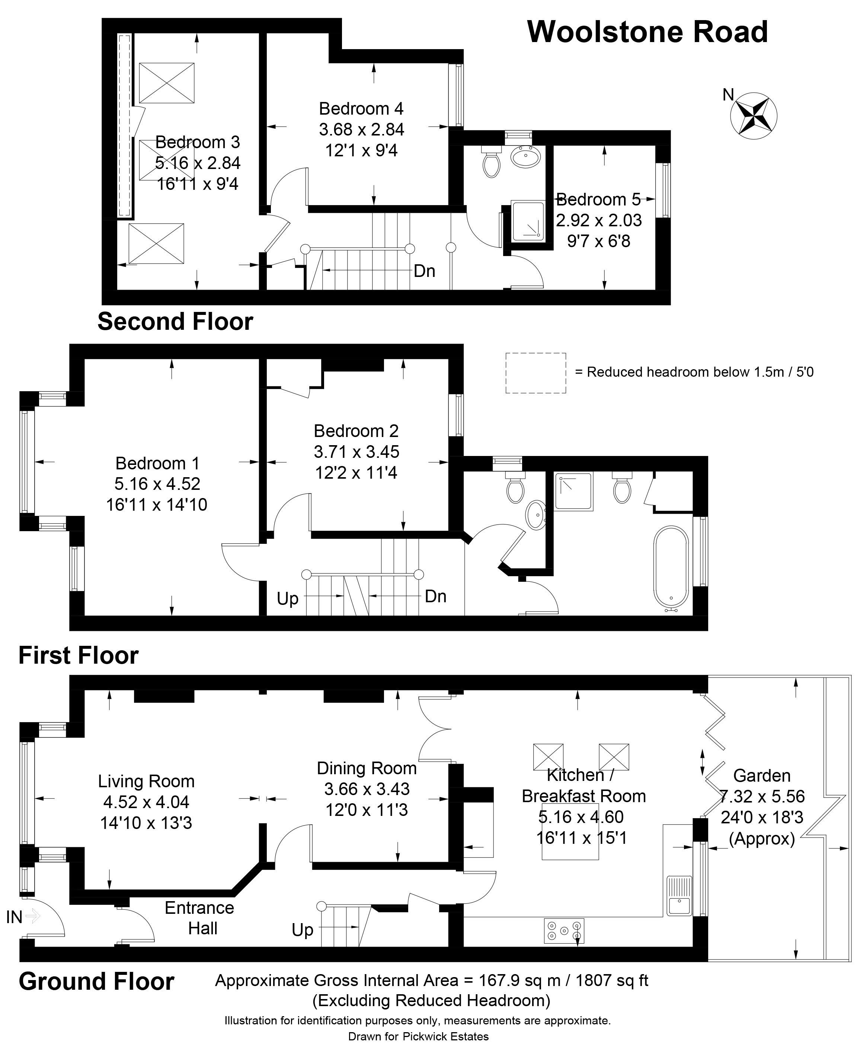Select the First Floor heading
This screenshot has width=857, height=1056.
(x=79, y=655)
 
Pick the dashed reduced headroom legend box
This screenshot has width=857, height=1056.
(x=535, y=373)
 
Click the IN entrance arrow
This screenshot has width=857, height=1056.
(x=33, y=917)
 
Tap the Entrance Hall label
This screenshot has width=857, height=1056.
(x=200, y=918)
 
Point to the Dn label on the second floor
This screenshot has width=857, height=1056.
(x=425, y=271)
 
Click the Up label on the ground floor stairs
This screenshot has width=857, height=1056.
(x=302, y=930)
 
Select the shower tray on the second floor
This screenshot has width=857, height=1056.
(x=528, y=221)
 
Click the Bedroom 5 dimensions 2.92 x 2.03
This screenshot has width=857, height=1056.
(x=599, y=220)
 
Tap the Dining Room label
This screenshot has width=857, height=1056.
(x=367, y=768)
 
